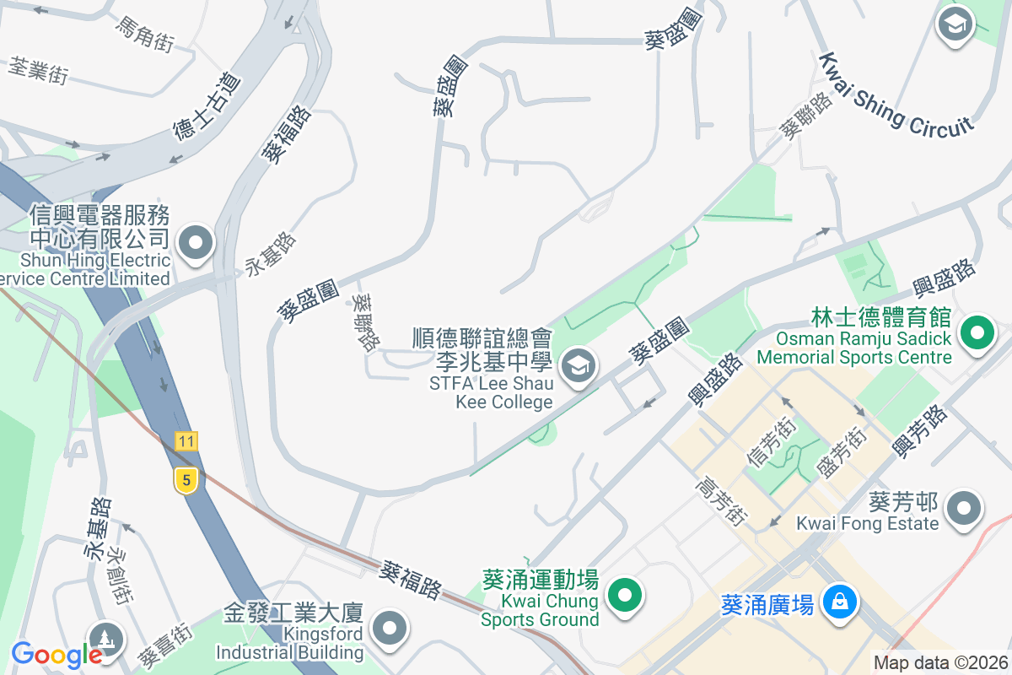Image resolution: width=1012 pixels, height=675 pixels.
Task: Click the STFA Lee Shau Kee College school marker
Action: click(x=579, y=366)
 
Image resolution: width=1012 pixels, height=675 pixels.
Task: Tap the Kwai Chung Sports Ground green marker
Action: click(x=624, y=596)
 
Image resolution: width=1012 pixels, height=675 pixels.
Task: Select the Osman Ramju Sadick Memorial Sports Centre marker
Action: click(x=977, y=332)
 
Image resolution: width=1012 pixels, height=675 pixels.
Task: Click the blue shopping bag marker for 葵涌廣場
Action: click(x=841, y=602)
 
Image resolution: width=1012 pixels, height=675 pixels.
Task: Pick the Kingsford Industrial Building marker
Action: click(x=390, y=628)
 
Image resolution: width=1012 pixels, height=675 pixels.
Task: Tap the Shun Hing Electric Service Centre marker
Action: click(x=196, y=243)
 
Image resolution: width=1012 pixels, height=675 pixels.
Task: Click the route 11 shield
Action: click(x=186, y=440)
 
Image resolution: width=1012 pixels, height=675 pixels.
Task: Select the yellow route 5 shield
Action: click(x=186, y=480)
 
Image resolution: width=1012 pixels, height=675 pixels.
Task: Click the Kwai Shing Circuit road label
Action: click(x=896, y=94)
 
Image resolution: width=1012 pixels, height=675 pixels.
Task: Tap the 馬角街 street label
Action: click(x=144, y=33)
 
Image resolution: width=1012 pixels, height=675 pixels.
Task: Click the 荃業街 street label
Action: click(x=38, y=70)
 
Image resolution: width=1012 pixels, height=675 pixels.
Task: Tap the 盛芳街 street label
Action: click(x=840, y=453)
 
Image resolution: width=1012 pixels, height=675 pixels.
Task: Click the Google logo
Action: click(x=57, y=654)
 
